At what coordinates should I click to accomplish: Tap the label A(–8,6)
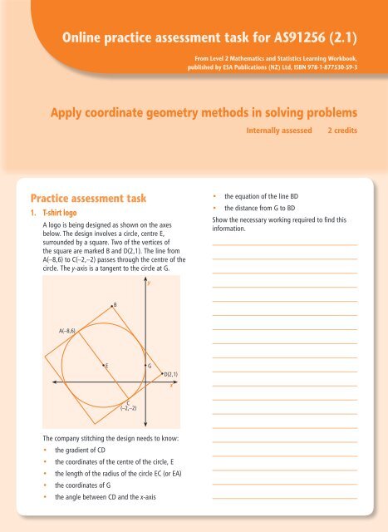tap(67, 331)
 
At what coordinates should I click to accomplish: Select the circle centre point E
tap(102, 365)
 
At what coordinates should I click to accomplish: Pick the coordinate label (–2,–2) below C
tap(128, 408)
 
